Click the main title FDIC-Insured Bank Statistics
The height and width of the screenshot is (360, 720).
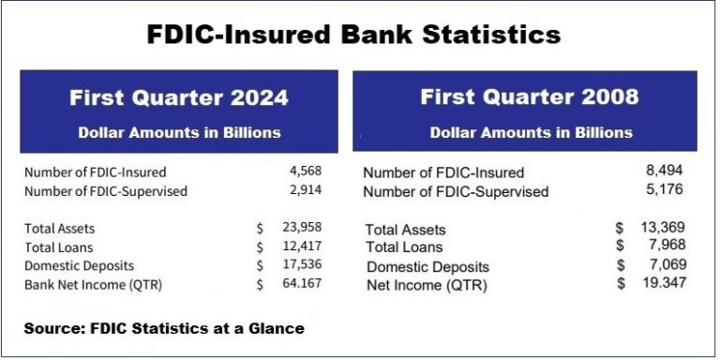[354, 35]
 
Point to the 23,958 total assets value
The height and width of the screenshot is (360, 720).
[302, 228]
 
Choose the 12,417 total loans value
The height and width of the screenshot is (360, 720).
[302, 247]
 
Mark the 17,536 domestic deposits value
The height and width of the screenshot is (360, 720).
[302, 265]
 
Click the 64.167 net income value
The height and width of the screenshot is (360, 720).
[302, 284]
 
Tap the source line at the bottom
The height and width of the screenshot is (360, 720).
[164, 328]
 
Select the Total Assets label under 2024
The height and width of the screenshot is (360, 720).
[61, 228]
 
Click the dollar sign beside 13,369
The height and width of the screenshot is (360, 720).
[620, 228]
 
